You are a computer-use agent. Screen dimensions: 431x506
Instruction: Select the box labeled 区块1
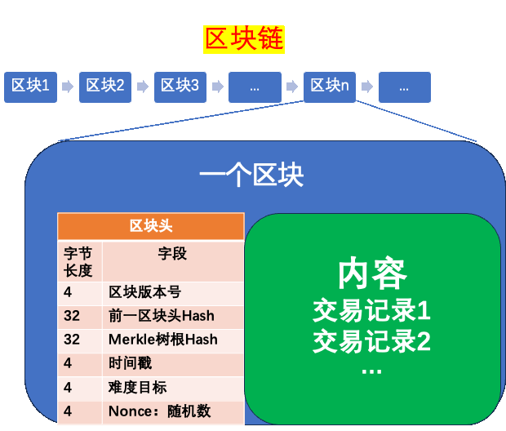[x=31, y=86]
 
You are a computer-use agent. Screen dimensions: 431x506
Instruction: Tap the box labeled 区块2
[x=105, y=86]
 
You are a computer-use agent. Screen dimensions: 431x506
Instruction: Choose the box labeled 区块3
[x=180, y=86]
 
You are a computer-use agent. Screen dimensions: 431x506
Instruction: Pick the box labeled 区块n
[x=330, y=86]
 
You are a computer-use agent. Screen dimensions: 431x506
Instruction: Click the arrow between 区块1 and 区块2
[x=68, y=86]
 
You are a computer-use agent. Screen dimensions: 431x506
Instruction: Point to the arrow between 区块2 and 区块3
[x=143, y=86]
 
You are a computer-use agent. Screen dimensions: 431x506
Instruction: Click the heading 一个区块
[x=251, y=176]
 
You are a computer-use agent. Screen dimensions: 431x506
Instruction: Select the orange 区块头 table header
[x=151, y=226]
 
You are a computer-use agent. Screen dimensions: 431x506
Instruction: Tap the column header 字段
[x=172, y=254]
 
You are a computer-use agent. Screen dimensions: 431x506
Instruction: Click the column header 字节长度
[x=78, y=261]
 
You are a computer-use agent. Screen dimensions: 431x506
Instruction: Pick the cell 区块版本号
[x=145, y=292]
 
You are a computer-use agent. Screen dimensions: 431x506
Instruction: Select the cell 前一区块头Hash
[x=162, y=316]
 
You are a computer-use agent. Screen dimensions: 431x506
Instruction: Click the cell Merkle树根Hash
[x=163, y=340]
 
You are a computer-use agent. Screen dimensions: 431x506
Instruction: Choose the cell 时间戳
[x=131, y=363]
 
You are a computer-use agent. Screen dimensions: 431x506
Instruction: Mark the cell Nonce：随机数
[x=160, y=411]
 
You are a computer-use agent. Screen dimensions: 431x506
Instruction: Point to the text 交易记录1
[x=371, y=311]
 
